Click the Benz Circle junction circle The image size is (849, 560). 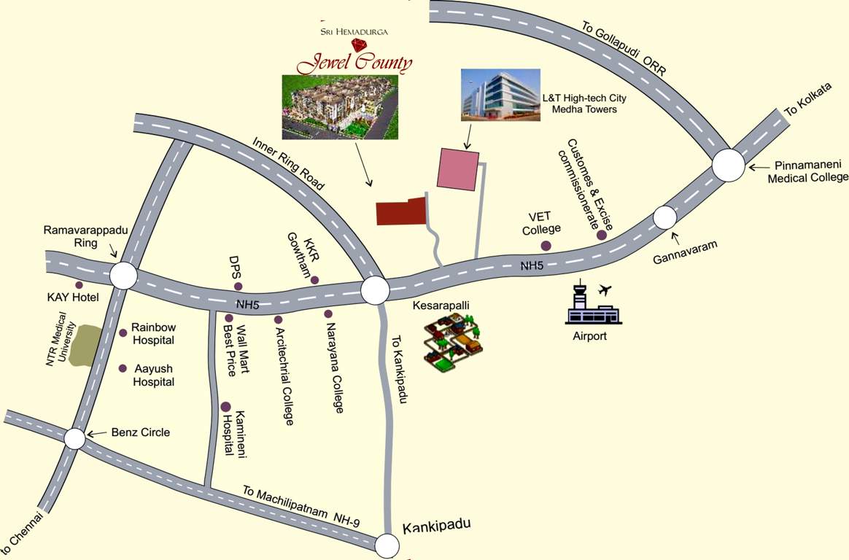[75, 439]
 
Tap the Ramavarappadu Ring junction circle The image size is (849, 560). [123, 276]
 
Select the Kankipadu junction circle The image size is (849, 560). [387, 545]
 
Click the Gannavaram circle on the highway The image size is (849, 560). [664, 217]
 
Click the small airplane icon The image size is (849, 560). [605, 290]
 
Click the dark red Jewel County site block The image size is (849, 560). [400, 211]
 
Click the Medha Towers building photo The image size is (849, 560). [500, 94]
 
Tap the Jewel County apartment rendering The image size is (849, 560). [340, 106]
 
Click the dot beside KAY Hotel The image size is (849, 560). [79, 284]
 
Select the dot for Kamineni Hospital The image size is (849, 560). [226, 407]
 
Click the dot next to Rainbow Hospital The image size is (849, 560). [123, 333]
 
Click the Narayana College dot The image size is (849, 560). [328, 314]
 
